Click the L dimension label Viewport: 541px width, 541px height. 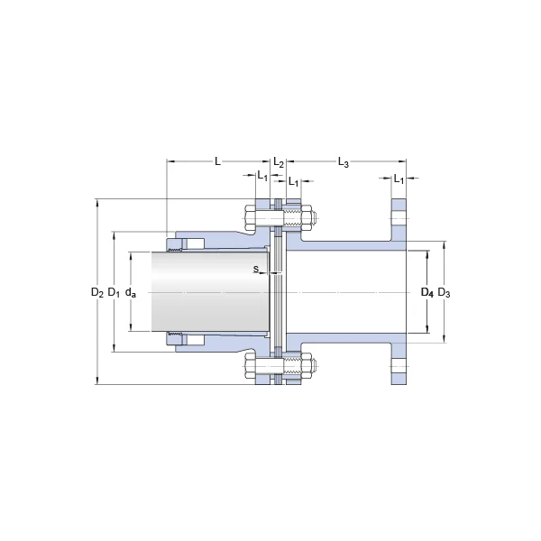[x=217, y=161]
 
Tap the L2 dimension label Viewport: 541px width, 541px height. [x=279, y=162]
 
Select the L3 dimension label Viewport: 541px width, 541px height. [x=343, y=162]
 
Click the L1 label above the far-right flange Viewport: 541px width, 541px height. [x=399, y=179]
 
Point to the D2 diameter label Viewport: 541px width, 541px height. [x=97, y=292]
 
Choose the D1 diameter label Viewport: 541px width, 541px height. [x=114, y=292]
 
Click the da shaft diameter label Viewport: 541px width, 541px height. [x=131, y=292]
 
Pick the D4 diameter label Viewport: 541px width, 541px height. [x=427, y=292]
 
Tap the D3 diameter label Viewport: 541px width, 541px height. [x=444, y=292]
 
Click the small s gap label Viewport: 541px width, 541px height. [x=256, y=269]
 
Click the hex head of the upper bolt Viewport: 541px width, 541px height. [x=250, y=218]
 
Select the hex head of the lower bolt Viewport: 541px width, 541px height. [x=250, y=365]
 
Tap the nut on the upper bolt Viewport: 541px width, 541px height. [x=307, y=218]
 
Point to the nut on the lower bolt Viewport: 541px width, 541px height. [x=307, y=365]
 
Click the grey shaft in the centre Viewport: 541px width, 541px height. [x=210, y=291]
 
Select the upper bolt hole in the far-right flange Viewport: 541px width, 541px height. [x=399, y=218]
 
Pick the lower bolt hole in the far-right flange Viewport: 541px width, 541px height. [x=399, y=366]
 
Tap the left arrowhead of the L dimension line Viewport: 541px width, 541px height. [x=170, y=161]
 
